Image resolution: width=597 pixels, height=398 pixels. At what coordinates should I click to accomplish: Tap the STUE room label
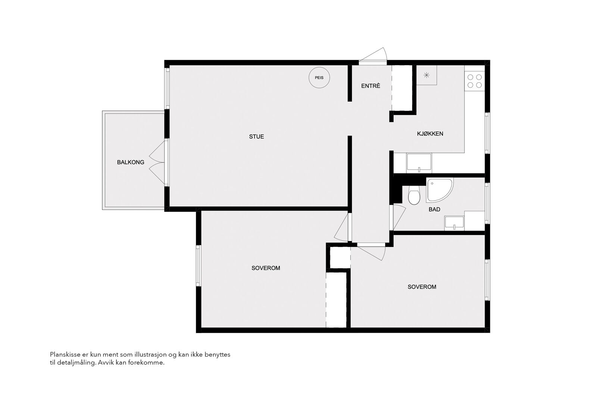[256, 137]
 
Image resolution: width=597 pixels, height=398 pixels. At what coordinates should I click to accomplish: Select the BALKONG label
[131, 162]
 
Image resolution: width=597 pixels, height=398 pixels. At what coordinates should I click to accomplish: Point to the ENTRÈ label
[371, 86]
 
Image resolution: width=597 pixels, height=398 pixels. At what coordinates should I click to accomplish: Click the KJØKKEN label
[430, 134]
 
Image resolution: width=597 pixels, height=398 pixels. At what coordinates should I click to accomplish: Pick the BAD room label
[434, 209]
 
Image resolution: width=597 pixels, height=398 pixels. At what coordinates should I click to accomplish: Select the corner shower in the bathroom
[440, 190]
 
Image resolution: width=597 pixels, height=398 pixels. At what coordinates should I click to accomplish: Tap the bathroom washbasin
[454, 223]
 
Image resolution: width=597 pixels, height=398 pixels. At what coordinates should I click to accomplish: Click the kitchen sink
[419, 163]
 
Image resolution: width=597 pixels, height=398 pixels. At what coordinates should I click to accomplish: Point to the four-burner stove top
[475, 81]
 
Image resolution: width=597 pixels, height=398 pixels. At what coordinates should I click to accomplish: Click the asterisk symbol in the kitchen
[427, 75]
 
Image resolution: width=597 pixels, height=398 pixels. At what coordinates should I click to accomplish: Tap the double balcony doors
[157, 162]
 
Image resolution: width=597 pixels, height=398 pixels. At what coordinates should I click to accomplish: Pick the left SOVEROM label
[266, 268]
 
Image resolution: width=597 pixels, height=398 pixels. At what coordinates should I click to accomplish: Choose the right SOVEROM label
[422, 287]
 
